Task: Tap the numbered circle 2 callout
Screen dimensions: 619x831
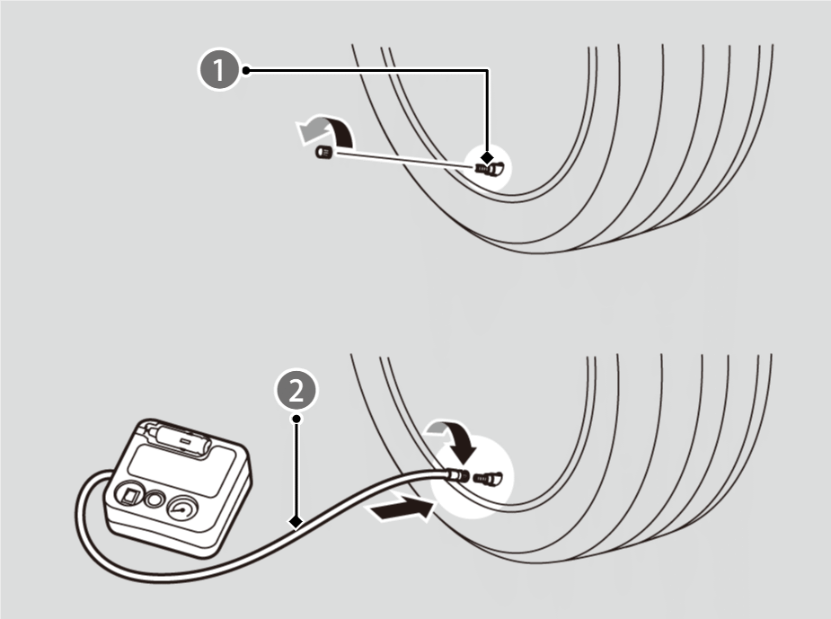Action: point(296,391)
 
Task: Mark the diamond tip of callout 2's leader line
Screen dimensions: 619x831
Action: point(295,520)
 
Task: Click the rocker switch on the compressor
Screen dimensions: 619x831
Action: point(128,495)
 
